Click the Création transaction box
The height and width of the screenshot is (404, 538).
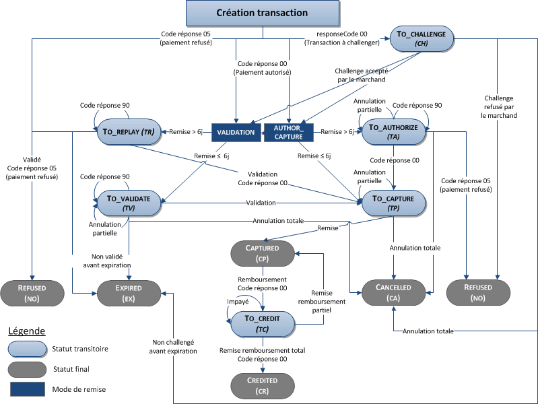262,13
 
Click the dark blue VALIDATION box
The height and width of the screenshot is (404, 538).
236,132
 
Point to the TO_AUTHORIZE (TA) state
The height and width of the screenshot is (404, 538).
394,132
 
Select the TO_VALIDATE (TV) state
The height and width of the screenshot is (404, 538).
129,203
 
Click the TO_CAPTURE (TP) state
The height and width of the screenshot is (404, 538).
394,203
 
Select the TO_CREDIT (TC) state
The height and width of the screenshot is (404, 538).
262,323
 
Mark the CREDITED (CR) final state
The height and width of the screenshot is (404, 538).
262,385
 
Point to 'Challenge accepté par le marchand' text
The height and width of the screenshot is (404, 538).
360,75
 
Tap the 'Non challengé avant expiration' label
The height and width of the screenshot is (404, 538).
174,346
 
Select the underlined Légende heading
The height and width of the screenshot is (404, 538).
27,331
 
